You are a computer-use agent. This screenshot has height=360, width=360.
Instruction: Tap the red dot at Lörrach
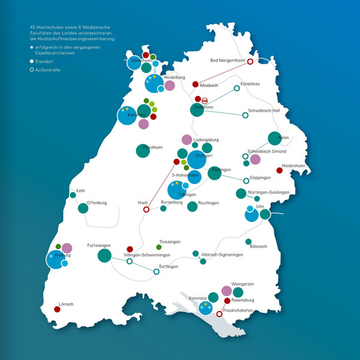[58, 310]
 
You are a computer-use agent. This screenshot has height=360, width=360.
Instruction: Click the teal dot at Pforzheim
[143, 151]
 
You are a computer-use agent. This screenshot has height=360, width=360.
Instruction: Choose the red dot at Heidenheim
[280, 170]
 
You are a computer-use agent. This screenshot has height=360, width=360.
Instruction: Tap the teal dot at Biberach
[248, 242]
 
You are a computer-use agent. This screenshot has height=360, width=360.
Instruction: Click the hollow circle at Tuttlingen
[157, 272]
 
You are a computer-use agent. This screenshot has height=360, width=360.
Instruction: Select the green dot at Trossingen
[159, 247]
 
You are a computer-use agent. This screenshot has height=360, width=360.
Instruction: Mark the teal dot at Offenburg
[83, 208]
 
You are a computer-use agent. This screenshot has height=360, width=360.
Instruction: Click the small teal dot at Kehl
[73, 195]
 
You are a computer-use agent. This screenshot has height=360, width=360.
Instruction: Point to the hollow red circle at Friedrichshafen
[219, 314]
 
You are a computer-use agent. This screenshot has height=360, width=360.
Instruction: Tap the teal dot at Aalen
[274, 139]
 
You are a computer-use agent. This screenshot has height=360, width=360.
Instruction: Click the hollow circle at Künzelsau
[236, 88]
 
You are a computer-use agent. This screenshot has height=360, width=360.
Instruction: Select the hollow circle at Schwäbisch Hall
[245, 115]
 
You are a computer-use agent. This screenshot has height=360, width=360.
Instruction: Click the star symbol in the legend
[31, 46]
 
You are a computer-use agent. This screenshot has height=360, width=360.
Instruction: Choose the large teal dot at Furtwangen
[104, 256]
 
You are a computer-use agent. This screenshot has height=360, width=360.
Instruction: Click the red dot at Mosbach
[195, 84]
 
